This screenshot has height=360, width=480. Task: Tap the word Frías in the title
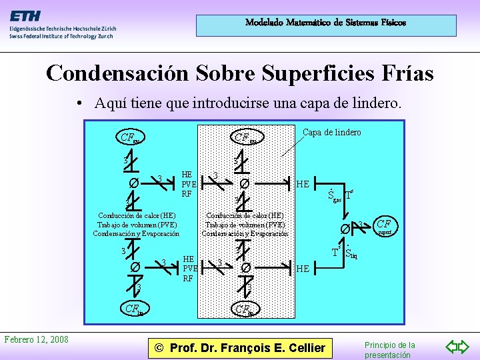(x=403, y=73)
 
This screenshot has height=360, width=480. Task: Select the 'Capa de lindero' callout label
(x=331, y=132)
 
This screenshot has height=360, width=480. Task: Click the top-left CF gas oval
(x=129, y=138)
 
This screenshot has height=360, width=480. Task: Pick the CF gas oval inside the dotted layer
(x=244, y=138)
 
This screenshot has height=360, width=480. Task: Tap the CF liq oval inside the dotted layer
(x=244, y=309)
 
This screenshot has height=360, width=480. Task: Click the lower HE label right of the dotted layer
(x=303, y=268)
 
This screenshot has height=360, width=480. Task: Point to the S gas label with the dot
(x=333, y=196)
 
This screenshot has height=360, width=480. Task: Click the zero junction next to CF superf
(x=345, y=229)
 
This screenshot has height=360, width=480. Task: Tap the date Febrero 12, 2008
(x=36, y=339)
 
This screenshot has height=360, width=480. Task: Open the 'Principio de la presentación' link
(x=389, y=349)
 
